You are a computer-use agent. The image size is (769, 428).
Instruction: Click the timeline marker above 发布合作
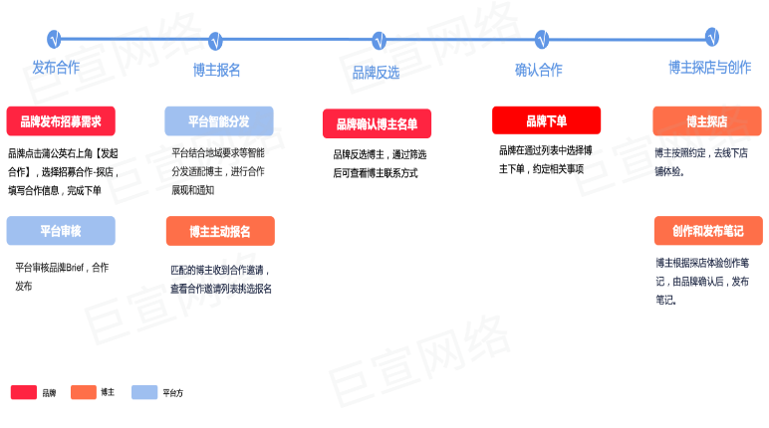(x=55, y=40)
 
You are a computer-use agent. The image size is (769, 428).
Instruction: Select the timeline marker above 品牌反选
(x=379, y=41)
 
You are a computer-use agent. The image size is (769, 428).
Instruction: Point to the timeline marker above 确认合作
(x=542, y=40)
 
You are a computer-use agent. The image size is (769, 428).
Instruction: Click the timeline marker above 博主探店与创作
(x=712, y=37)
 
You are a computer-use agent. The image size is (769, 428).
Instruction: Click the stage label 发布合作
(x=56, y=68)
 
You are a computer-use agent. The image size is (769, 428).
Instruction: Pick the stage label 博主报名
(x=216, y=70)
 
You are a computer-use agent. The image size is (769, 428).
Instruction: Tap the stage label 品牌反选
(x=376, y=72)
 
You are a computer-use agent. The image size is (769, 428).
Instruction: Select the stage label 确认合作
(x=538, y=70)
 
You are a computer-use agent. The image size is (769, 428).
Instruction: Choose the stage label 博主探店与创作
(x=709, y=68)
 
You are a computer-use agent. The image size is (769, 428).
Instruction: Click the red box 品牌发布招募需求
(x=61, y=121)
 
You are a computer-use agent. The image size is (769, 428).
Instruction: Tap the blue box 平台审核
(x=61, y=231)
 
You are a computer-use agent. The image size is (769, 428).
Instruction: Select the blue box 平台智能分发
(x=219, y=121)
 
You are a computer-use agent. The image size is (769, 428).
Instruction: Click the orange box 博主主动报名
(x=219, y=231)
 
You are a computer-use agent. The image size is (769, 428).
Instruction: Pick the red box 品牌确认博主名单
(x=377, y=124)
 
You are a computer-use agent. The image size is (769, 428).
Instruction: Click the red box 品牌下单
(x=546, y=120)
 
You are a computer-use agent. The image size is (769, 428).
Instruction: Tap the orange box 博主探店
(x=707, y=121)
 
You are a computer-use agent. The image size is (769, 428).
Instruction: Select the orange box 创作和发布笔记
(x=707, y=231)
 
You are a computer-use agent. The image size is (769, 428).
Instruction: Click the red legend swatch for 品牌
(x=24, y=392)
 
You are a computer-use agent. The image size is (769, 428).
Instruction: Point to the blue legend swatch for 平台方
(x=144, y=392)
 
